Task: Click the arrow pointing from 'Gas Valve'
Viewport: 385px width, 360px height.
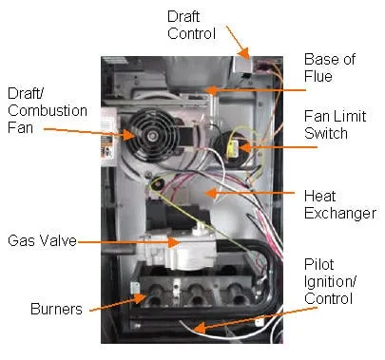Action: [x=124, y=242]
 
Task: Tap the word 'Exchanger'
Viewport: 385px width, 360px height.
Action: [x=339, y=213]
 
